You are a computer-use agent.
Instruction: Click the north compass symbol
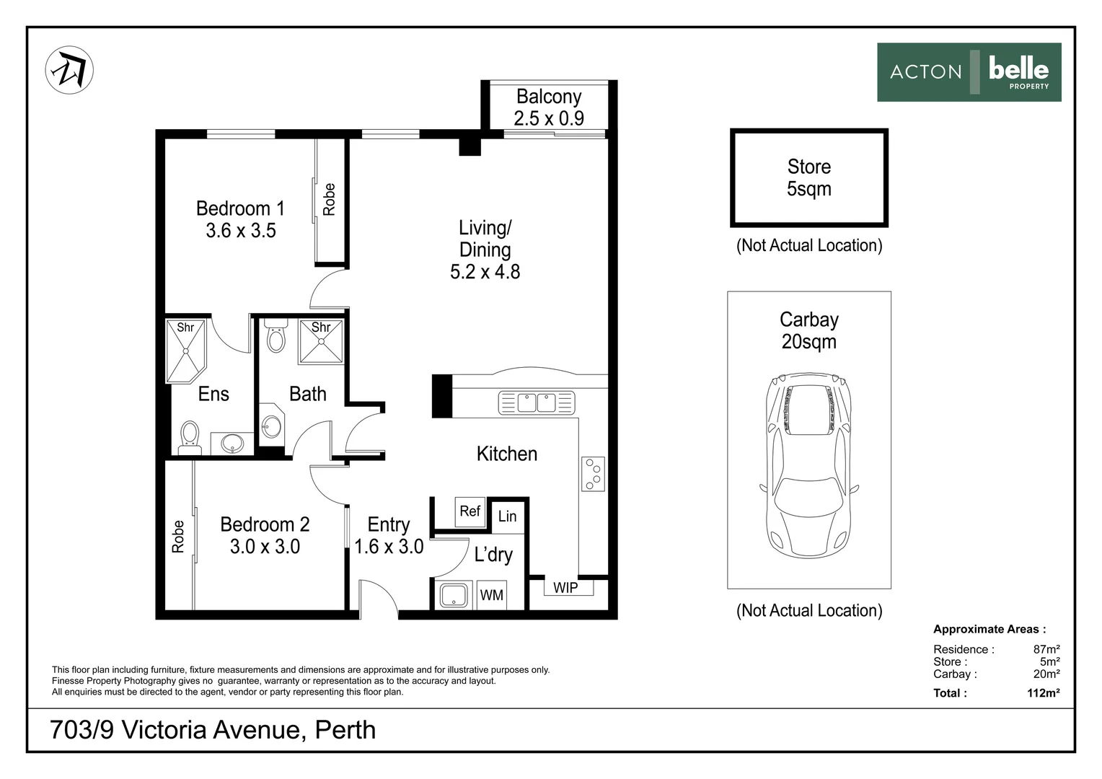coord(69,71)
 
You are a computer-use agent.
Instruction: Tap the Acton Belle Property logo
coord(969,72)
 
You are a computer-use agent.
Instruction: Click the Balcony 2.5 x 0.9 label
coord(549,107)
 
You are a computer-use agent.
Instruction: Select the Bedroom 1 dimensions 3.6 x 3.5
coord(241,230)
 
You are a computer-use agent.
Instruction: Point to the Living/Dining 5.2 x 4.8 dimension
coord(485,272)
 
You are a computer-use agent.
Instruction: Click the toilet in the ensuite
coord(190,437)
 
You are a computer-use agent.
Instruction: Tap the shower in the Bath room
coord(321,341)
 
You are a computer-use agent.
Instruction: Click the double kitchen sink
coord(537,403)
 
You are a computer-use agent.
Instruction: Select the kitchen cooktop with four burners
coord(593,474)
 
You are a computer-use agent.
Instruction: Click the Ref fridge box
coord(470,512)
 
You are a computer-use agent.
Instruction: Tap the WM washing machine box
coord(491,595)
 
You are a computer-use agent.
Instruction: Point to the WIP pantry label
coord(565,588)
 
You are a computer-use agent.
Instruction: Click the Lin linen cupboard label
coord(507,516)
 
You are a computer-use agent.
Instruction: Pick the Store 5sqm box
coord(808,177)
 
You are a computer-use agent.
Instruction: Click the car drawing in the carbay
coord(808,465)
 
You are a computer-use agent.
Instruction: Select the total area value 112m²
coord(1043,693)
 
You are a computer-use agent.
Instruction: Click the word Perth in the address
coord(345,730)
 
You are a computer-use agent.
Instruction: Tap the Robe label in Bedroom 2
coord(177,537)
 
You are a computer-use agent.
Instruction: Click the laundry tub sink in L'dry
coord(454,596)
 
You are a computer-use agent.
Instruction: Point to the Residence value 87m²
coord(1046,649)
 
